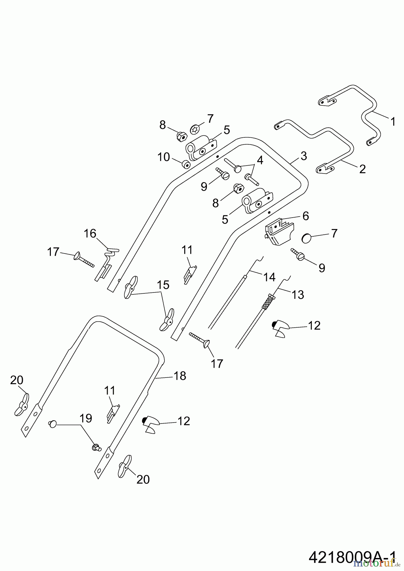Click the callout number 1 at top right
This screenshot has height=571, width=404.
(393, 121)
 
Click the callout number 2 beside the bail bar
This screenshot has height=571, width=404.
(362, 169)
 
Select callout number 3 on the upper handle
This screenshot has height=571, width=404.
(304, 156)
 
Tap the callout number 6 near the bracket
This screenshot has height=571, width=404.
(305, 216)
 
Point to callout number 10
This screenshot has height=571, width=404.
(164, 157)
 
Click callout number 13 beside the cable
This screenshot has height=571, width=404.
(298, 295)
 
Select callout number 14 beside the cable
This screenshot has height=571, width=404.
(269, 277)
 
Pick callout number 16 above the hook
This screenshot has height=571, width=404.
(90, 234)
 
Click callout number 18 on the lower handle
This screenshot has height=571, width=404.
(180, 376)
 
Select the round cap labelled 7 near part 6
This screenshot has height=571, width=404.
(307, 238)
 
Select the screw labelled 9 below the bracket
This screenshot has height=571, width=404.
(299, 256)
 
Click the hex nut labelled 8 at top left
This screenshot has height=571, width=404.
(179, 137)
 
